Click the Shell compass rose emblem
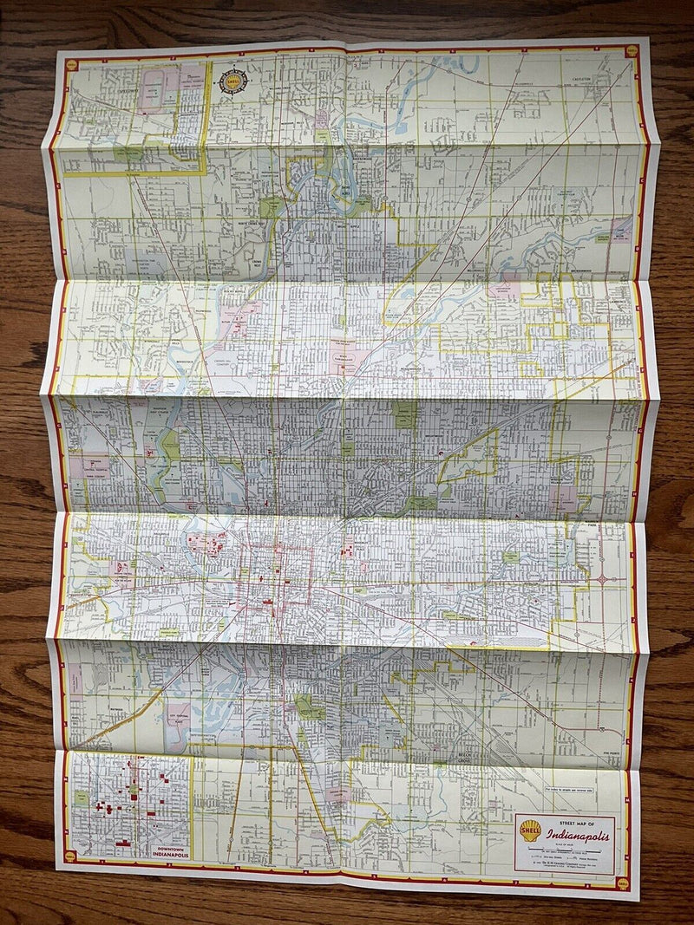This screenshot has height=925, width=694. click(x=232, y=81)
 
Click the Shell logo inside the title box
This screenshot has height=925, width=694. click(x=530, y=831)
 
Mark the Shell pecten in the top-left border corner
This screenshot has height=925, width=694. click(x=71, y=64)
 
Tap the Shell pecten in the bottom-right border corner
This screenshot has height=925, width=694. click(x=622, y=883)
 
